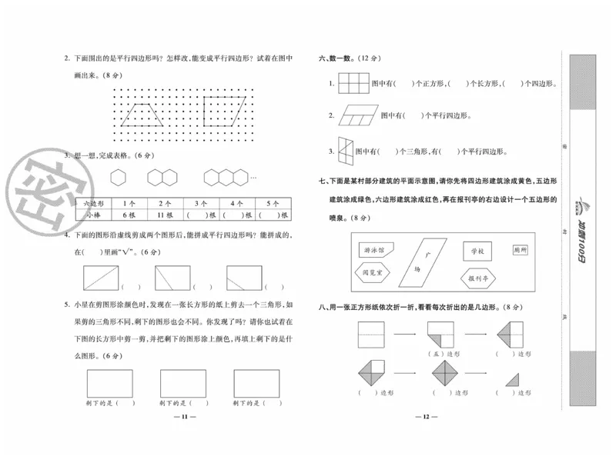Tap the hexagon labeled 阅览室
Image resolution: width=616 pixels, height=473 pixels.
click(x=374, y=271)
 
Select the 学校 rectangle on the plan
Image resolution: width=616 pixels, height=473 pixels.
click(x=477, y=251)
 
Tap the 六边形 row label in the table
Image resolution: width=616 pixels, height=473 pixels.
click(x=94, y=204)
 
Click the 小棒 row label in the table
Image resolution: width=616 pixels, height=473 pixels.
click(x=94, y=215)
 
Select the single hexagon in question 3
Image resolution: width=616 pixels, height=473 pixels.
click(x=117, y=178)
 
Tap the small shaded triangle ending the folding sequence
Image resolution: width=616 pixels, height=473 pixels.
click(x=512, y=378)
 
